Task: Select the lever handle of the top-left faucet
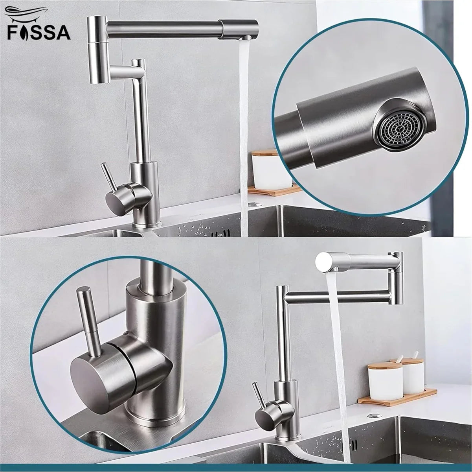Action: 107,175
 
